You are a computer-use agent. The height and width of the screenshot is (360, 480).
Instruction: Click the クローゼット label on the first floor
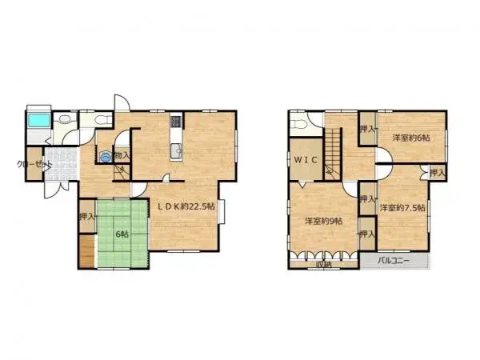click(x=34, y=165)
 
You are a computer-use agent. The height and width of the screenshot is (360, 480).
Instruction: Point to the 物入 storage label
click(x=122, y=155)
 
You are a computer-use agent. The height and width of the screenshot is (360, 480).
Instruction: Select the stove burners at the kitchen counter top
click(x=176, y=123)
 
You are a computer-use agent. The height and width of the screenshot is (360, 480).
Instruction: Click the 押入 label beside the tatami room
click(x=86, y=216)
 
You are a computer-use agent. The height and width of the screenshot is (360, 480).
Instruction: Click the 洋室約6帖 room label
click(x=410, y=138)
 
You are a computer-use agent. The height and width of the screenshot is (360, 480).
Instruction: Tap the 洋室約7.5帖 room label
click(x=402, y=208)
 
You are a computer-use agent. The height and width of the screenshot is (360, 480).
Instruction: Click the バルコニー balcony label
click(x=394, y=261)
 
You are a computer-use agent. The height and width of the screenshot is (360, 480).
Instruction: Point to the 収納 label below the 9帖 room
click(x=322, y=263)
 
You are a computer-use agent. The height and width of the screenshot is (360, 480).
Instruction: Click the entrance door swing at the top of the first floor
click(x=121, y=104)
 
